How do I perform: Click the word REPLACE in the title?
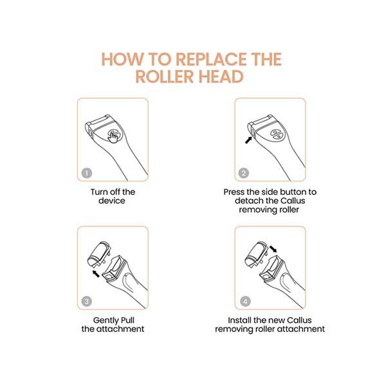211,59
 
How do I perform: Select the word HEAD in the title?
221,77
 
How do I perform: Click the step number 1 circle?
87,173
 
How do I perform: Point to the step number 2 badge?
244,173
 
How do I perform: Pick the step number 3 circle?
87,301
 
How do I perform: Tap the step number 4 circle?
245,301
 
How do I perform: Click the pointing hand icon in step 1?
113,136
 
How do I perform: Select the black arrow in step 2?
248,140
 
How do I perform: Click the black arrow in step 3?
95,273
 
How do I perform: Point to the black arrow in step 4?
273,248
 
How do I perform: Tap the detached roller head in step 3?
99,255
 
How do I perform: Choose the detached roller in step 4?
257,255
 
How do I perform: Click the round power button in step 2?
277,134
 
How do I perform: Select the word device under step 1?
112,201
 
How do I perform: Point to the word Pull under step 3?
127,320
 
